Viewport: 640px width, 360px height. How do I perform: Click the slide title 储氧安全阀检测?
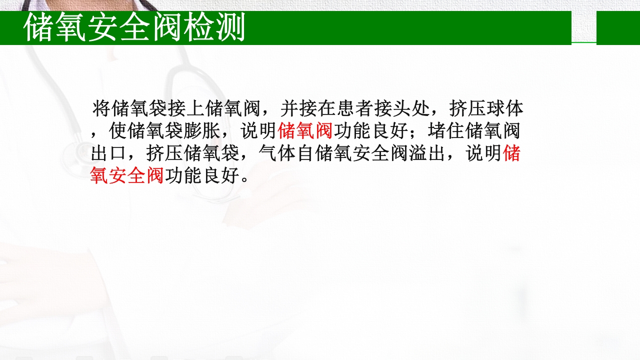(134, 28)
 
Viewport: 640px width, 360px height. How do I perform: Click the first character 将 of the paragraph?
(101, 108)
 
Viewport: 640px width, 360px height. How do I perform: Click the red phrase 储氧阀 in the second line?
(305, 131)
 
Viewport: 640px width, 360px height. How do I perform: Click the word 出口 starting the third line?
(108, 153)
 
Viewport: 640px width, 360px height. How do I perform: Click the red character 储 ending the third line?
(511, 153)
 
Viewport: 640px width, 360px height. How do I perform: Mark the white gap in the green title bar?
(583, 27)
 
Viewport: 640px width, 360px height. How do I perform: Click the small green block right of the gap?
(618, 27)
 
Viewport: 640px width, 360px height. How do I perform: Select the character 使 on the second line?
(118, 131)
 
